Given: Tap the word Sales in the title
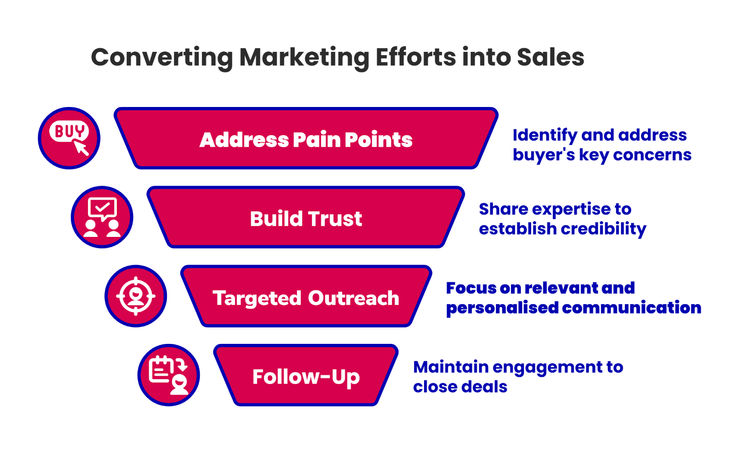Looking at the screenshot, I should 550,57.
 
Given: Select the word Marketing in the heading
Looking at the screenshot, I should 304,57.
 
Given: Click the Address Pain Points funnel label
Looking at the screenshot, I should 306,140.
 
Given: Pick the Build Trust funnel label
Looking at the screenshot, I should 306,219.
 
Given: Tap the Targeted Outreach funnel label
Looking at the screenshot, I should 306,298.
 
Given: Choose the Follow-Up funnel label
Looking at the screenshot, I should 306,377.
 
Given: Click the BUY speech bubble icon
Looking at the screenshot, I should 69,131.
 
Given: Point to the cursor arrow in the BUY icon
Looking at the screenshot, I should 82,148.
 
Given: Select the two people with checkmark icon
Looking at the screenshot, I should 102,217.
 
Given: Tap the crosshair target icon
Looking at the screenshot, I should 136,296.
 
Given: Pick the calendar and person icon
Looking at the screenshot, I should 168,375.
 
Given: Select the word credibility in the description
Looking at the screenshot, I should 603,229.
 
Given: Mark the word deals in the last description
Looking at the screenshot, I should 486,387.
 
